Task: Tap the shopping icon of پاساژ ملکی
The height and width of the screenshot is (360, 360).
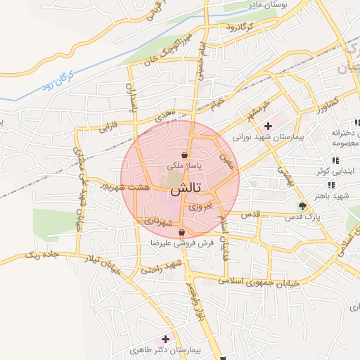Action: (184, 155)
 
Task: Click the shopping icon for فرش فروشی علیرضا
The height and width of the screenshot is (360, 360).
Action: (182, 233)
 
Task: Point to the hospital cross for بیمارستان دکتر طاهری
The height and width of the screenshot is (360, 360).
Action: (166, 339)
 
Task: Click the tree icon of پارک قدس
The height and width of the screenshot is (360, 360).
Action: (303, 206)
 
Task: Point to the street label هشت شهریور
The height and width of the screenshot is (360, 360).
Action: (125, 187)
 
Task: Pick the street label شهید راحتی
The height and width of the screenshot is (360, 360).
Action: (162, 266)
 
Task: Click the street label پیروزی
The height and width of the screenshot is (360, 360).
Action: (199, 208)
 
